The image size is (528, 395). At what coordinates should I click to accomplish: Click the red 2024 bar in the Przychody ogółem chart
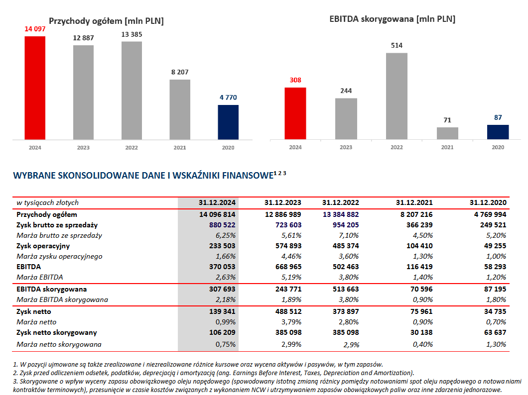pyautogui.click(x=35, y=88)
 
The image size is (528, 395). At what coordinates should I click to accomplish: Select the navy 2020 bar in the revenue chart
pyautogui.click(x=228, y=122)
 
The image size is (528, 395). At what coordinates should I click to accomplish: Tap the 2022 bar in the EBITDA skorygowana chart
pyautogui.click(x=396, y=96)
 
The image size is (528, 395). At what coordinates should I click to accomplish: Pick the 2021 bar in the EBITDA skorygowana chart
pyautogui.click(x=447, y=133)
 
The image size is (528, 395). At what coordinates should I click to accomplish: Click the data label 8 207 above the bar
pyautogui.click(x=180, y=72)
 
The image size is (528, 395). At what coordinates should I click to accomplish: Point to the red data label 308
pyautogui.click(x=295, y=80)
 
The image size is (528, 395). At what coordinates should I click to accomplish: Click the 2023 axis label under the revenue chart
pyautogui.click(x=83, y=147)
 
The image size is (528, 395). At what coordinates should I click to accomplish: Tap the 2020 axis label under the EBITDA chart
pyautogui.click(x=498, y=147)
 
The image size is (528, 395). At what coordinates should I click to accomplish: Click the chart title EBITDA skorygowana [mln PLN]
pyautogui.click(x=393, y=19)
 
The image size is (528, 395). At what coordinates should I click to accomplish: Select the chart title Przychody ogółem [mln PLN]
pyautogui.click(x=106, y=21)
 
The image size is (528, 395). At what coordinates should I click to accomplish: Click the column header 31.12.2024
pyautogui.click(x=217, y=202)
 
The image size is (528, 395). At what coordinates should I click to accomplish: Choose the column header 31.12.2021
pyautogui.click(x=414, y=202)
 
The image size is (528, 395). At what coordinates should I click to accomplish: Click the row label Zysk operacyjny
pyautogui.click(x=43, y=246)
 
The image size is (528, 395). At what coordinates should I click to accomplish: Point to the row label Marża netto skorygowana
pyautogui.click(x=59, y=344)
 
